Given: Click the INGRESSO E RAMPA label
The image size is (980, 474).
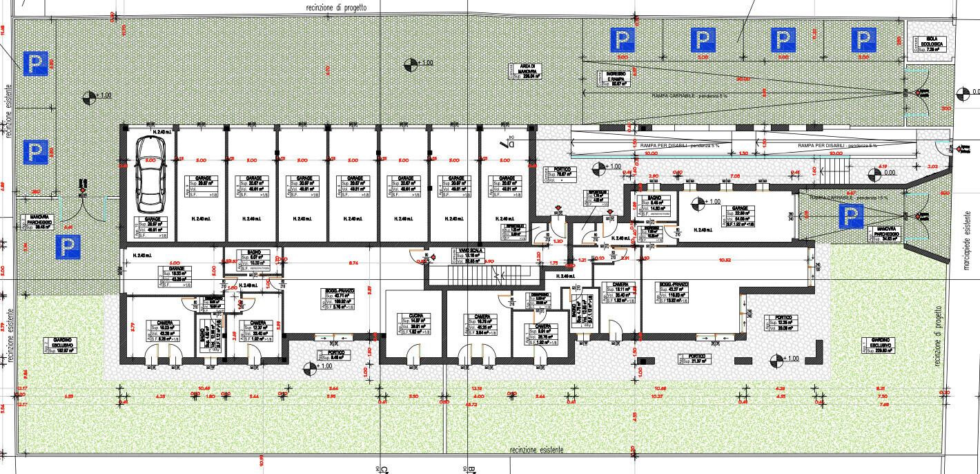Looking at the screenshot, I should click(x=615, y=79).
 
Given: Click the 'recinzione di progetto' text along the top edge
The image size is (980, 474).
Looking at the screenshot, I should click(x=336, y=6).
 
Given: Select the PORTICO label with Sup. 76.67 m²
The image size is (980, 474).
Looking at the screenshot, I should click(x=558, y=172).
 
